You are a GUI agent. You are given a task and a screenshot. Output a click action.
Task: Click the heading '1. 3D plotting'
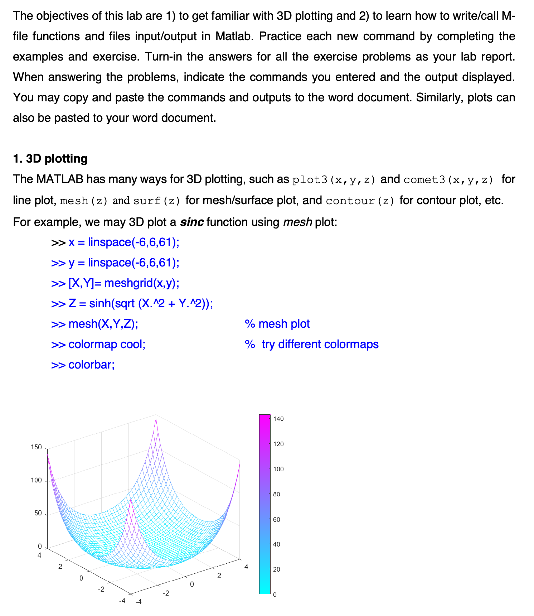[x=50, y=159]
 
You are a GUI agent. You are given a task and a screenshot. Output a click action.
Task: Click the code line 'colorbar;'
[x=91, y=365]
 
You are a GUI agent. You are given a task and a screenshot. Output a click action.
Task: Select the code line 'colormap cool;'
[x=107, y=344]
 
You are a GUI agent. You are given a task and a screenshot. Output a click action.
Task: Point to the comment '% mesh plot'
[x=277, y=324]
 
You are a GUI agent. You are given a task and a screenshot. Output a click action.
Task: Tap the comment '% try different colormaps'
[x=311, y=344]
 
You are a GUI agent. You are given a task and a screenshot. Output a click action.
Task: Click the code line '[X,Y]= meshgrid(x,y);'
[x=123, y=283]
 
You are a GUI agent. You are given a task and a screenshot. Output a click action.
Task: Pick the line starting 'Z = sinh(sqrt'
[x=140, y=304]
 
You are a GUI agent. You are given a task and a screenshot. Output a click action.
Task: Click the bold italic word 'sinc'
[x=192, y=222]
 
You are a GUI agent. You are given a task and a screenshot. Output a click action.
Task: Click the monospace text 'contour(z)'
[x=360, y=201]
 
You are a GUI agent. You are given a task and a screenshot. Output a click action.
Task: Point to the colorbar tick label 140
[x=278, y=419]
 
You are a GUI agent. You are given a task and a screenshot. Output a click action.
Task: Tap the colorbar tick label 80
[x=276, y=494]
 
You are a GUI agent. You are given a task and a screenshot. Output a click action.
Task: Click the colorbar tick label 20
[x=276, y=569]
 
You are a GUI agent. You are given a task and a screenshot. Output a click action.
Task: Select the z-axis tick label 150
[x=36, y=447]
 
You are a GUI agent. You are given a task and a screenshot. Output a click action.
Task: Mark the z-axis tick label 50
[x=38, y=513]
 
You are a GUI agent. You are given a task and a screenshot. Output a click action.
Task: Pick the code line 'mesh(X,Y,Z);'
[x=103, y=324]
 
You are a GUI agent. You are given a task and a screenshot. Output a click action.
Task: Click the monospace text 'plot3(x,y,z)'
[x=334, y=179]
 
